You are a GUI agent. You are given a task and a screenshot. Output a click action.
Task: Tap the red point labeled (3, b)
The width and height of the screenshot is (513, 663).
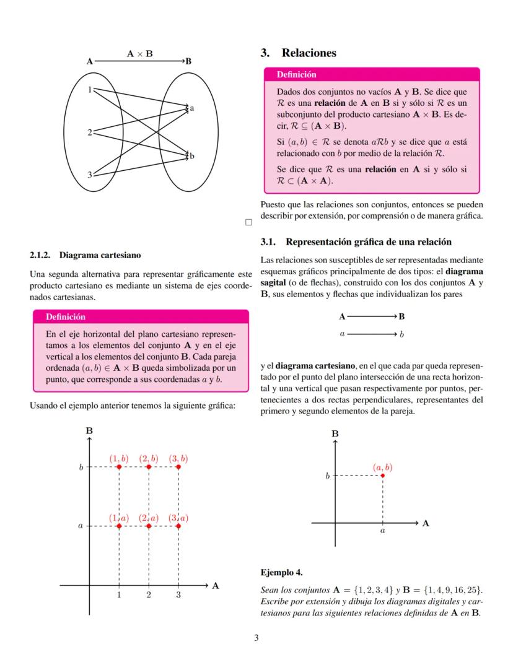178,467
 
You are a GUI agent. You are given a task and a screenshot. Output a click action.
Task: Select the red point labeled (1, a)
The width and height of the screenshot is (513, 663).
119,526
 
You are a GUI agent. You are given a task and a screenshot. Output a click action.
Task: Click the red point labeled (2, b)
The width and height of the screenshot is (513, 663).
149,467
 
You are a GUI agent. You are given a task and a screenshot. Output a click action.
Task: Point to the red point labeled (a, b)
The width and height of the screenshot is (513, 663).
383,475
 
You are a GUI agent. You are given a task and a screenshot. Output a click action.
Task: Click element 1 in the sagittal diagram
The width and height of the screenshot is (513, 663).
90,90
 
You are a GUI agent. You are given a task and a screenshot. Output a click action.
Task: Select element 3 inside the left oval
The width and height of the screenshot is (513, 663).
90,175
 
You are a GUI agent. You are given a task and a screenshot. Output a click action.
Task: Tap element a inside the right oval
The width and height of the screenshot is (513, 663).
192,108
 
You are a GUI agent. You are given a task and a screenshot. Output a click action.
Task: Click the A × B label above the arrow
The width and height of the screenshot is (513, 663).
140,54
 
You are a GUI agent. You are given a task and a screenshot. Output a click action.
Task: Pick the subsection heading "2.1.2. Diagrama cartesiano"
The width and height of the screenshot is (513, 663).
85,254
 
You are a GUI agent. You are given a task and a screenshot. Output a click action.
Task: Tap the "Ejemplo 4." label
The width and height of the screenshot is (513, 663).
281,571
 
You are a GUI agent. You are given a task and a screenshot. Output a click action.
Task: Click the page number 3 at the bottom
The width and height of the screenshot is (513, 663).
256,638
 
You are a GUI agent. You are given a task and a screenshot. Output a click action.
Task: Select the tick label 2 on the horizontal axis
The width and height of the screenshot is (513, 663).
149,596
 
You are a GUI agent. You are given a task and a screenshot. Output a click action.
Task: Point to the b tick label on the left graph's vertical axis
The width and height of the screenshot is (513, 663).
81,467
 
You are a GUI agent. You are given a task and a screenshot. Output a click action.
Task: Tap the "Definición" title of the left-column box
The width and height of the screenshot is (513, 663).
65,317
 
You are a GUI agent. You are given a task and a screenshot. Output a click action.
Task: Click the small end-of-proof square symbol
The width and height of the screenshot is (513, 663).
248,221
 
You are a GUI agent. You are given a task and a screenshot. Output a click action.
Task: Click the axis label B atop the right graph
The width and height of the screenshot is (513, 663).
335,433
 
